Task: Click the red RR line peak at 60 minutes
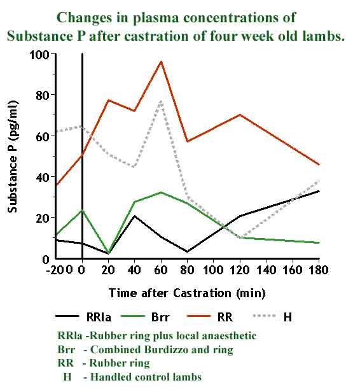tap(161, 62)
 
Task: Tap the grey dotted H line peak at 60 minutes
tap(161, 101)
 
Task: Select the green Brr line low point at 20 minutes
tap(109, 253)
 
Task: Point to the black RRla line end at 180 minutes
tap(319, 191)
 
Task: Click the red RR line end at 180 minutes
tap(319, 165)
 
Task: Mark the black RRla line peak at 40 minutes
tap(135, 216)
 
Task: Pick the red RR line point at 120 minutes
tap(240, 115)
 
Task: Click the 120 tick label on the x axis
tap(240, 270)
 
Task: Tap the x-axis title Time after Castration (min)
tap(186, 293)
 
